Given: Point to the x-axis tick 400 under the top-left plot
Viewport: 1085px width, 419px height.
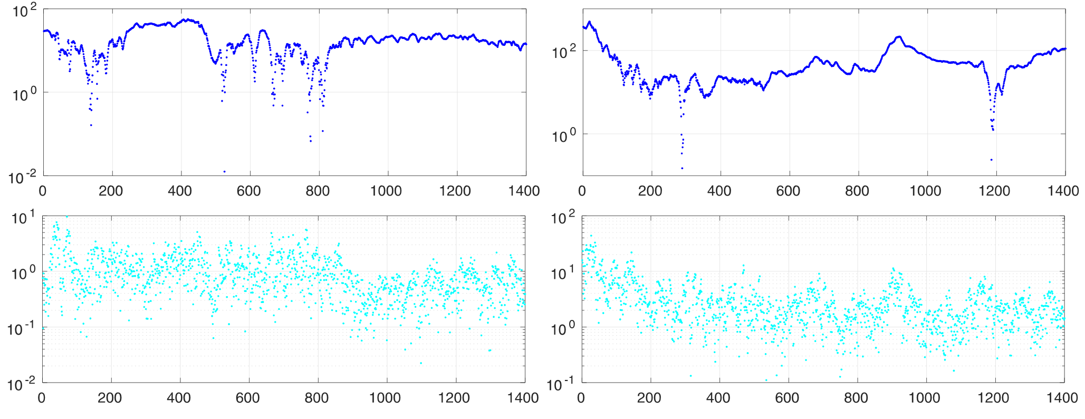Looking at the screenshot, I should pos(180,191).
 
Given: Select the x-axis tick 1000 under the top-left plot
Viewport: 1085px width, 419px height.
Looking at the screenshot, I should pos(386,191).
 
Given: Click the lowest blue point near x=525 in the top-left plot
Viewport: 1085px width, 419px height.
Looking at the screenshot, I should pos(224,171).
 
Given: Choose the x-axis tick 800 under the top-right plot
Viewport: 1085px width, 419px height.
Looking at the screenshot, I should pos(857,191).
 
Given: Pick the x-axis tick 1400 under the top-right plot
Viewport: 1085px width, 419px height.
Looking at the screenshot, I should pos(1063,191).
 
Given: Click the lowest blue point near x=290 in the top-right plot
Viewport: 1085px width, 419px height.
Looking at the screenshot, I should pos(682,168).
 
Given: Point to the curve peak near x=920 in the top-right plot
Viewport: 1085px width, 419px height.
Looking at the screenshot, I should pos(899,37).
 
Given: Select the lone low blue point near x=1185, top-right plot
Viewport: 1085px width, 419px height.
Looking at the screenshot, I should pos(991,159).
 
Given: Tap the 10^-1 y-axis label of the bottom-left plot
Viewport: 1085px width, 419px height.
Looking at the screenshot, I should pos(21,329).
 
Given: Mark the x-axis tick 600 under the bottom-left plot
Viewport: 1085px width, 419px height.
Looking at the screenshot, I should pos(247,397).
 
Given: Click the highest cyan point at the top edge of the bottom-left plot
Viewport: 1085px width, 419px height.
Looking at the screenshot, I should pos(66,216).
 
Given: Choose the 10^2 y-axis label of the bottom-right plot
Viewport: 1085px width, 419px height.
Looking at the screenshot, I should pos(562,218).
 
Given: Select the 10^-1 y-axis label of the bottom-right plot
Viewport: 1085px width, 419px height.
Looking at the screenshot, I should pos(560,385).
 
